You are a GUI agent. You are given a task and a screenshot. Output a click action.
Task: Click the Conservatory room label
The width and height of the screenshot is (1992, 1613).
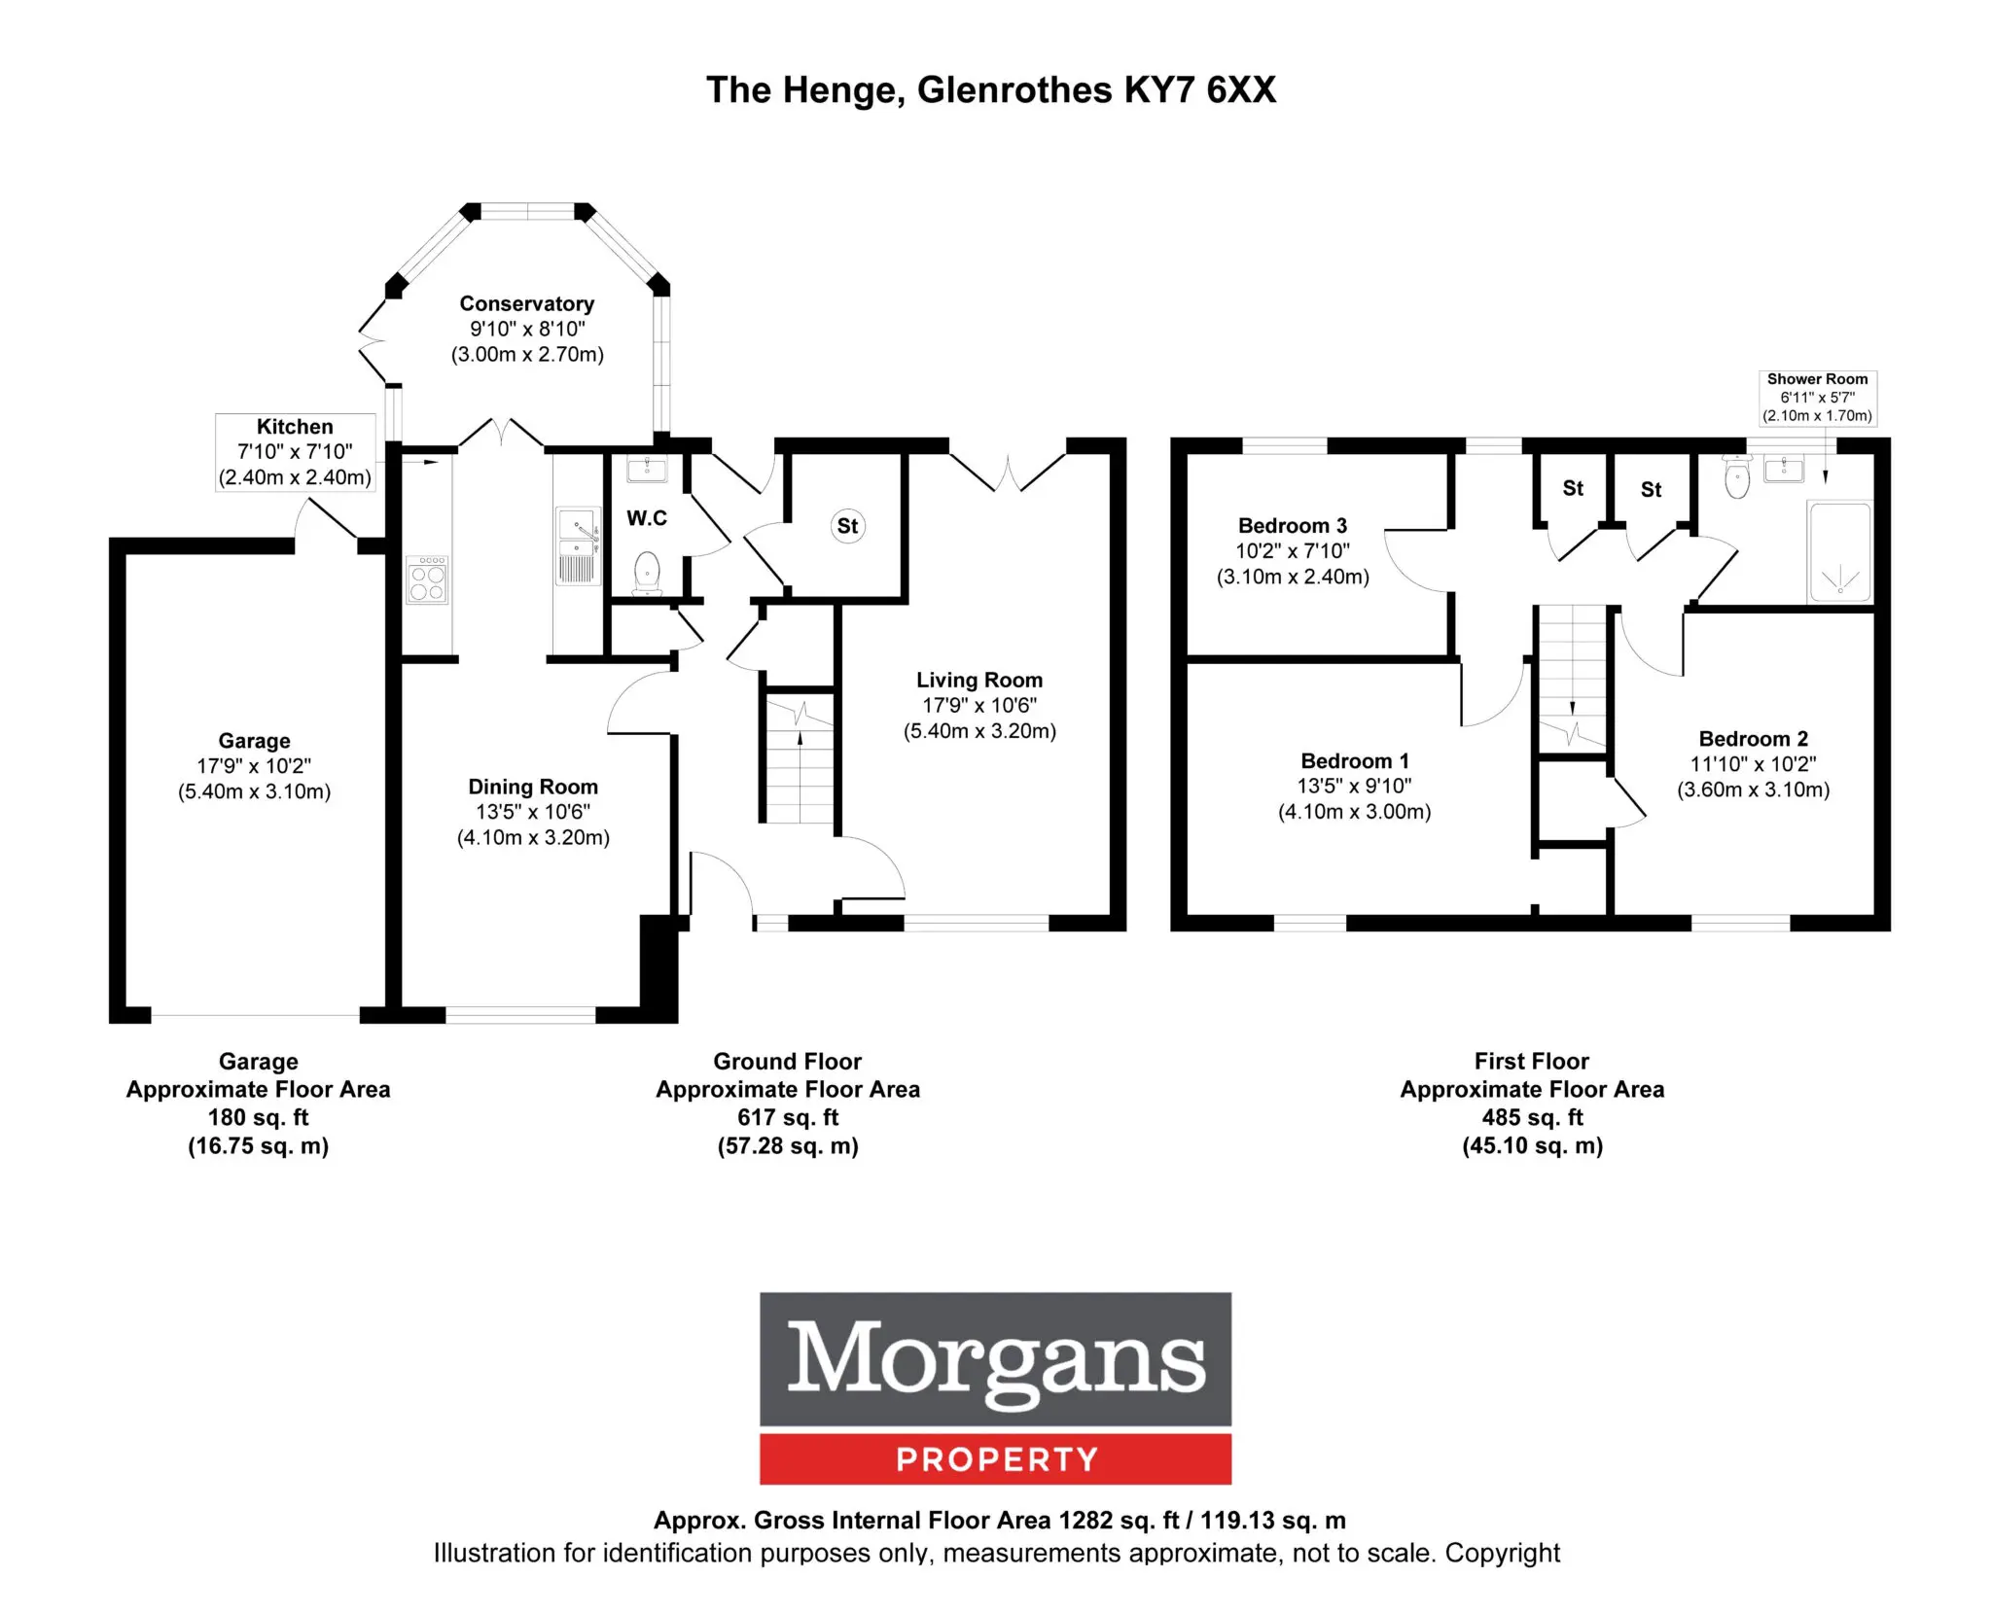pyautogui.click(x=526, y=304)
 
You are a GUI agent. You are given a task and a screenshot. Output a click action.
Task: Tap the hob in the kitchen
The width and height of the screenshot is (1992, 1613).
pyautogui.click(x=427, y=579)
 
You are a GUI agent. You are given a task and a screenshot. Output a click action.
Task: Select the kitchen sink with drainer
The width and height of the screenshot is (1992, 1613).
pyautogui.click(x=577, y=545)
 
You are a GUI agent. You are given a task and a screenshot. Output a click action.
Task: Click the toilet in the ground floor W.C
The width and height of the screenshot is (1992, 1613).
pyautogui.click(x=647, y=573)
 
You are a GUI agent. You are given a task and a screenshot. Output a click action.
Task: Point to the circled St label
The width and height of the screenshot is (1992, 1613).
pyautogui.click(x=848, y=526)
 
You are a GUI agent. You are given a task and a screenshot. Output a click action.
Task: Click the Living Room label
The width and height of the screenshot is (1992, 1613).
pyautogui.click(x=979, y=681)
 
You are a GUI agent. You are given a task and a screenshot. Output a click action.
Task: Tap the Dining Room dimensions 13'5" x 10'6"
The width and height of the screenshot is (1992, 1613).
pyautogui.click(x=533, y=812)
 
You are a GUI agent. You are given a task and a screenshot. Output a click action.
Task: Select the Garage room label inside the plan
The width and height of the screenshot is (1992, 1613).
pyautogui.click(x=254, y=741)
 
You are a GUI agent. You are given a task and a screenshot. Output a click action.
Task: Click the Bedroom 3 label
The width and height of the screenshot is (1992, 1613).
pyautogui.click(x=1293, y=526)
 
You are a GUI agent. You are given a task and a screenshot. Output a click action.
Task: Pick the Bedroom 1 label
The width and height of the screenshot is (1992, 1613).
pyautogui.click(x=1355, y=761)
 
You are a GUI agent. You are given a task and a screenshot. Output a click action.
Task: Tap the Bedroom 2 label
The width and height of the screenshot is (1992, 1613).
pyautogui.click(x=1754, y=739)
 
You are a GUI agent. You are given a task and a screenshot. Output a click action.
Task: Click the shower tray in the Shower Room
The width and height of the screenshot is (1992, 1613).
pyautogui.click(x=1839, y=550)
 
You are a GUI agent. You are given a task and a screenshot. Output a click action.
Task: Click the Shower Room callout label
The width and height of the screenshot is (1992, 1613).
pyautogui.click(x=1817, y=398)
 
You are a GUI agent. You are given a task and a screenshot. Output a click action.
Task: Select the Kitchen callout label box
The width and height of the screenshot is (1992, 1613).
pyautogui.click(x=295, y=452)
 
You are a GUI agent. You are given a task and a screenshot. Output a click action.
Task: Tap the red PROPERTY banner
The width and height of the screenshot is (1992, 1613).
pyautogui.click(x=996, y=1458)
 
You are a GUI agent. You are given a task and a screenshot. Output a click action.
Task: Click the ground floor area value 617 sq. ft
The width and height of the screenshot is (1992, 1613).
pyautogui.click(x=788, y=1117)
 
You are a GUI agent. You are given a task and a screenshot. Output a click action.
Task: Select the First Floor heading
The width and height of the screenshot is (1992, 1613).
pyautogui.click(x=1532, y=1061)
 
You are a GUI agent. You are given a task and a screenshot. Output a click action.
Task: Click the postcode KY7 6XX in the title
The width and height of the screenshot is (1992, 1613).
pyautogui.click(x=1200, y=89)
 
